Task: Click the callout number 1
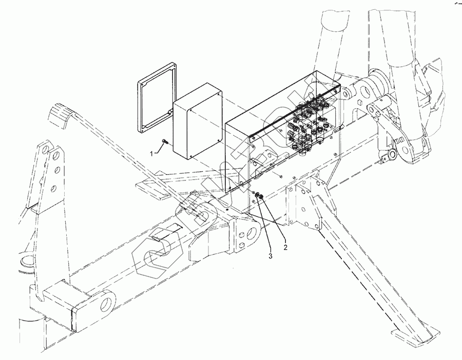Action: pyautogui.click(x=153, y=153)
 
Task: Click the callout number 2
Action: pyautogui.click(x=286, y=247)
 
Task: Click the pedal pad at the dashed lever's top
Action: pyautogui.click(x=61, y=116)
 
